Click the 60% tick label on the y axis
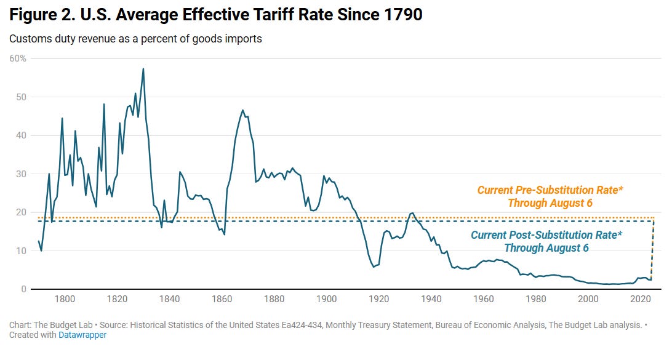[x=18, y=58]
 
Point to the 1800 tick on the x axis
[x=65, y=299]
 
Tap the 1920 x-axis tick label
[x=379, y=299]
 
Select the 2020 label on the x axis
[x=641, y=299]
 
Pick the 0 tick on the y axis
[x=23, y=289]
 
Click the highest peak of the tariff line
[x=143, y=69]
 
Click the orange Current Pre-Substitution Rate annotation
[x=550, y=196]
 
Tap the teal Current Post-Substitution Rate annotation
[x=546, y=241]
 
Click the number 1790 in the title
[x=401, y=15]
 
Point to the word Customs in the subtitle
[x=27, y=39]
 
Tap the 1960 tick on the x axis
[x=484, y=299]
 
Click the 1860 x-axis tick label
[x=222, y=299]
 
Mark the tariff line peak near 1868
[x=242, y=111]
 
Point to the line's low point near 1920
[x=374, y=266]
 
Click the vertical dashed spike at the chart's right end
[x=653, y=252]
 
